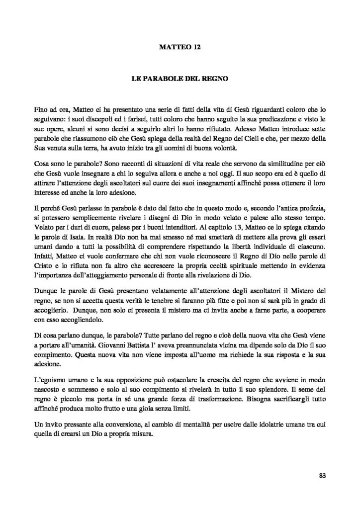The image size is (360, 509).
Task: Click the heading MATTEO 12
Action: coord(180,48)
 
